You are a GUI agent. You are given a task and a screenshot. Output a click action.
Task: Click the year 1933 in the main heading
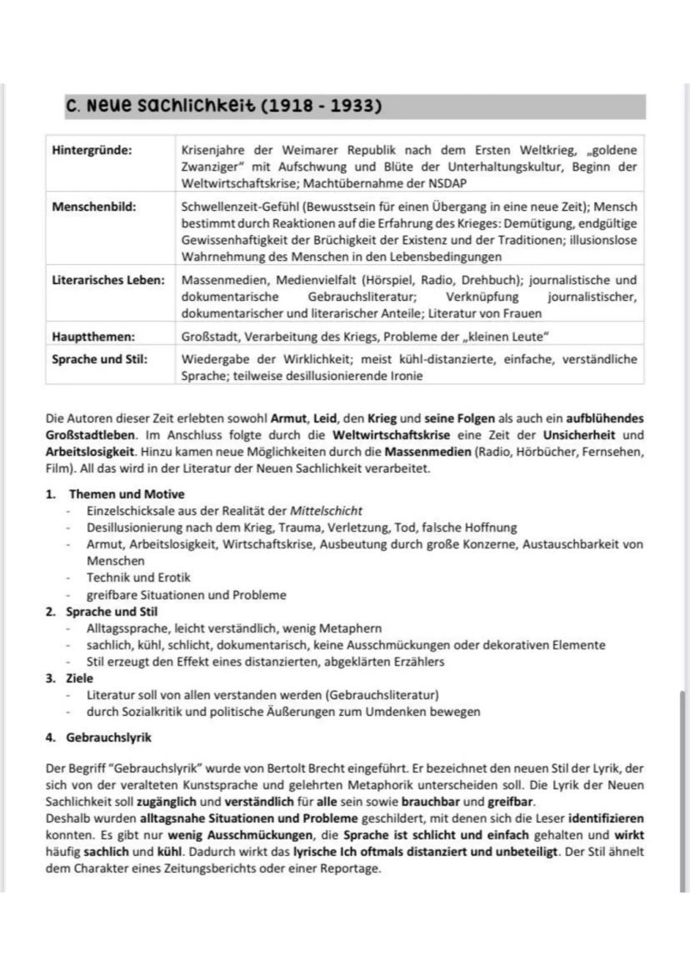point(355,107)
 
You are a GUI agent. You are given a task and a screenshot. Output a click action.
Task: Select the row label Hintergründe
point(92,150)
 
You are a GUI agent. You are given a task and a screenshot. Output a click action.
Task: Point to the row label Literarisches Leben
point(107,280)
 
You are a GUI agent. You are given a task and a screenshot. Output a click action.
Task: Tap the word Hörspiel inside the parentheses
point(389,280)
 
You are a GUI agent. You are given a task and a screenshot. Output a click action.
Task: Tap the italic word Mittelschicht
point(326,510)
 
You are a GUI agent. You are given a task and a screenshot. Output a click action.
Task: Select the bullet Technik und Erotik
point(138,577)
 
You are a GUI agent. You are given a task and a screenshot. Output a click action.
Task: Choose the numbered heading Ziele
point(81,678)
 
